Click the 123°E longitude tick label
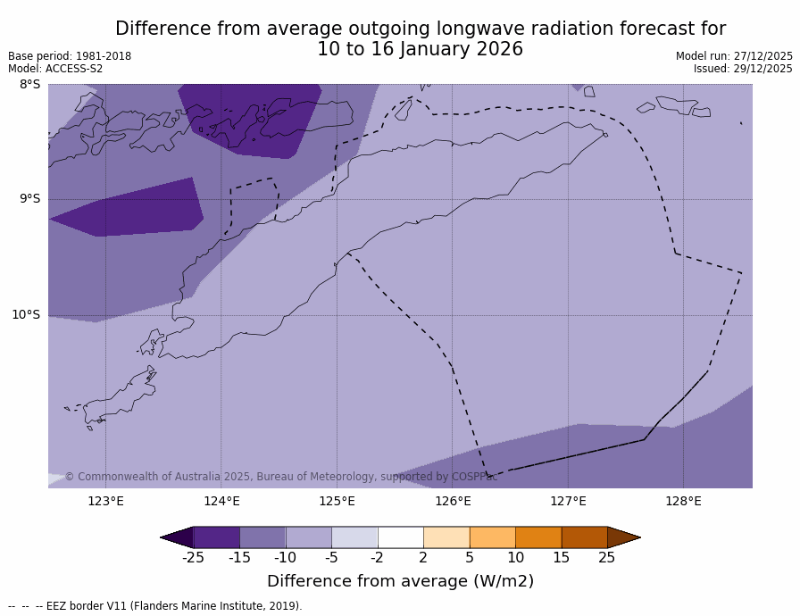pos(105,501)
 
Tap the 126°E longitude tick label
pos(453,501)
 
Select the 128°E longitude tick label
pos(683,501)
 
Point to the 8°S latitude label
pos(29,85)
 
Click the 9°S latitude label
pos(29,199)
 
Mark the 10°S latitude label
pos(26,314)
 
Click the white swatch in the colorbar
pos(400,537)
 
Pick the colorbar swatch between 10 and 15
pos(538,537)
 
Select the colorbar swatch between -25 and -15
pos(216,537)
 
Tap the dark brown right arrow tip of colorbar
pos(624,537)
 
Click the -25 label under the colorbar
pos(193,558)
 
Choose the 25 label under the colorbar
pos(607,558)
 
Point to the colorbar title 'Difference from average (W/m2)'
pos(400,581)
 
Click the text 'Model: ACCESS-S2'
pos(55,69)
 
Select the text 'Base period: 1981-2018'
pos(70,56)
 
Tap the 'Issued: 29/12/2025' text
pos(743,69)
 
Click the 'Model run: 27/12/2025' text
pos(734,56)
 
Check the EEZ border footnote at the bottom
pos(155,606)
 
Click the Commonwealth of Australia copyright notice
pos(280,477)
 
